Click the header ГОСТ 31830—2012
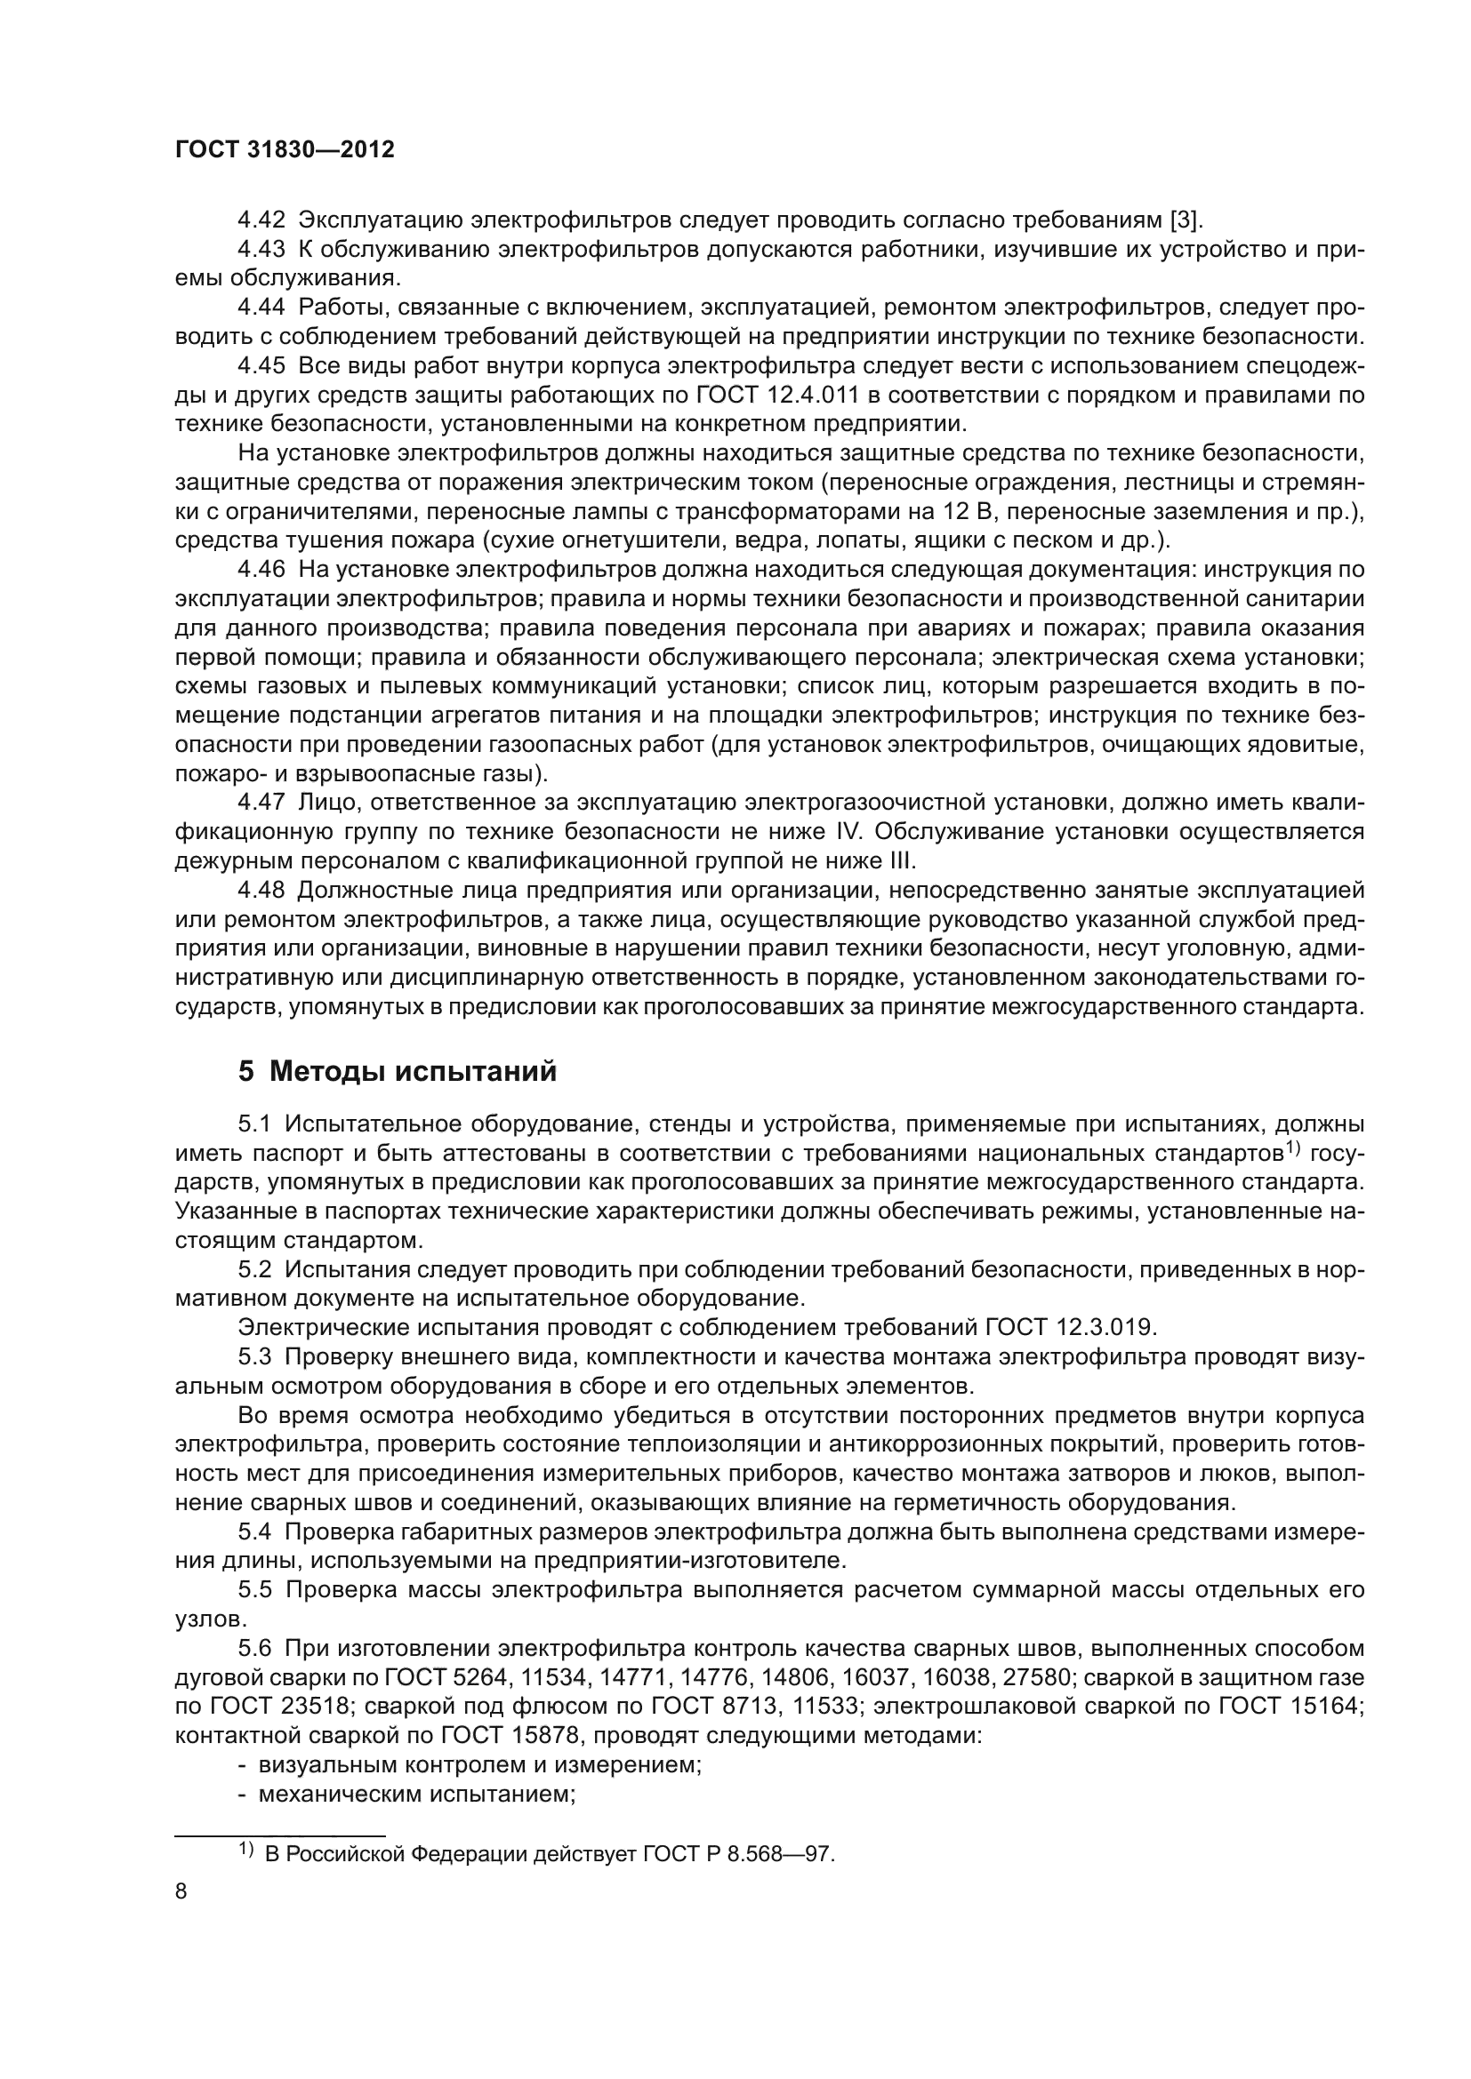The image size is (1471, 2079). [285, 150]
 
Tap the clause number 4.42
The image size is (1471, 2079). [261, 220]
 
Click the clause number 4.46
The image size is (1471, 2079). [261, 570]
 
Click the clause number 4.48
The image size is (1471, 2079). [261, 890]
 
